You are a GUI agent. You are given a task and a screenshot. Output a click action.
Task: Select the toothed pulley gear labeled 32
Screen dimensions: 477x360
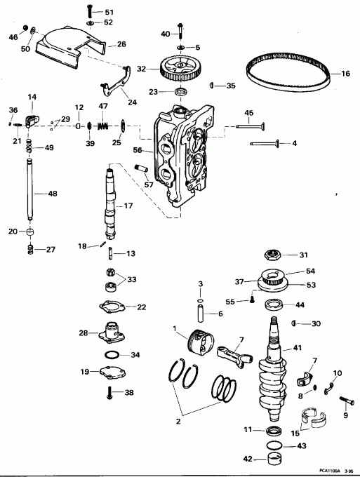point(176,69)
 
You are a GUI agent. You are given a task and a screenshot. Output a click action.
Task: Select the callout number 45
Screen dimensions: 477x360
point(248,114)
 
